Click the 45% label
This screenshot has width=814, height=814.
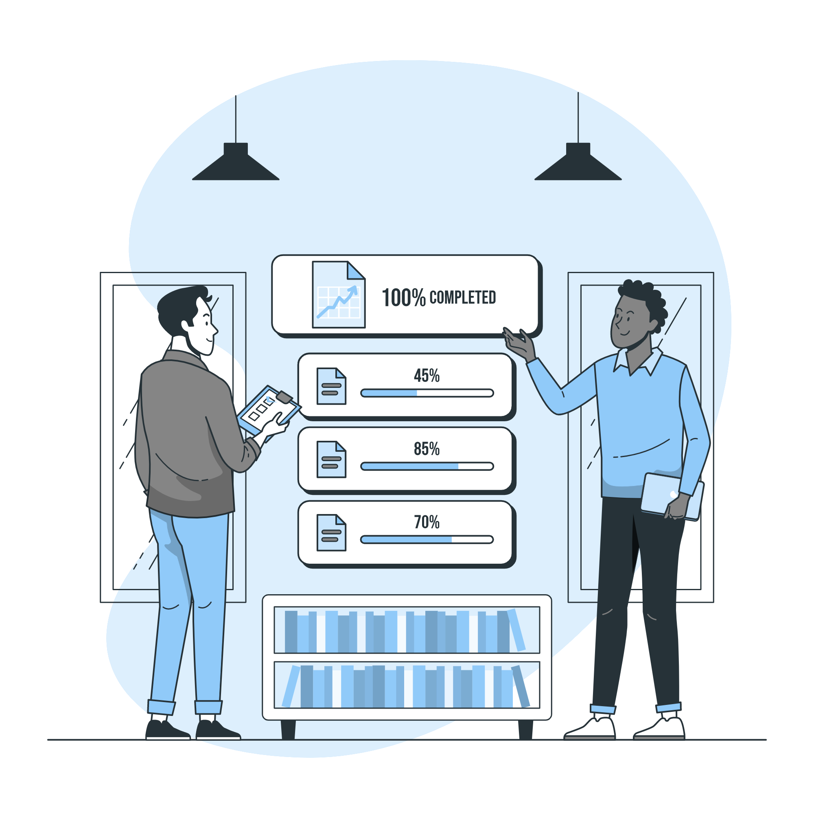pyautogui.click(x=427, y=376)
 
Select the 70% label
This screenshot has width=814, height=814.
pyautogui.click(x=427, y=523)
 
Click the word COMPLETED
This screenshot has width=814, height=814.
pyautogui.click(x=463, y=298)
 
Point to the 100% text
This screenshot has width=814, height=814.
pyautogui.click(x=403, y=298)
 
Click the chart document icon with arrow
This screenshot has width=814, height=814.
pyautogui.click(x=338, y=295)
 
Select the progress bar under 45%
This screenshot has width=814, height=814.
pyautogui.click(x=427, y=393)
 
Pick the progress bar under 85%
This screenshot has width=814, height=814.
pyautogui.click(x=427, y=466)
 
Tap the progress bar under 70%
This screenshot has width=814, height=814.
pyautogui.click(x=427, y=540)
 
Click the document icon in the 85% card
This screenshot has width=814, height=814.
pyautogui.click(x=331, y=459)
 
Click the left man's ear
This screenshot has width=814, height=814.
pyautogui.click(x=187, y=325)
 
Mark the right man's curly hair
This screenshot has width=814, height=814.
pyautogui.click(x=645, y=297)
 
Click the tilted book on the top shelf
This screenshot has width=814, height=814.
pyautogui.click(x=516, y=630)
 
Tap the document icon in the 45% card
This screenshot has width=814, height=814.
pyautogui.click(x=331, y=386)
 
